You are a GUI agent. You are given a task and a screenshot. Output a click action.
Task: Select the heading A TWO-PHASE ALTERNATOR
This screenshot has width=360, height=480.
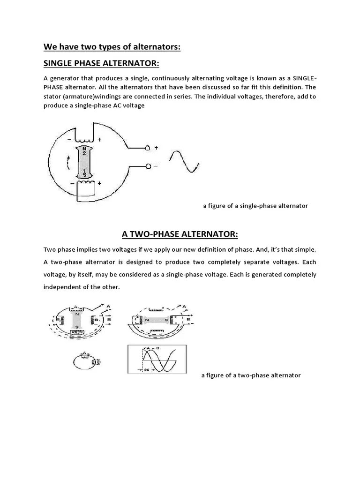(180, 233)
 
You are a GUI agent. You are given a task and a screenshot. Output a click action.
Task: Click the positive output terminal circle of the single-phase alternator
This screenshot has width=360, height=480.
(148, 148)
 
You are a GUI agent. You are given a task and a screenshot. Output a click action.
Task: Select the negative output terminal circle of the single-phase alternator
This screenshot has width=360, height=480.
(148, 166)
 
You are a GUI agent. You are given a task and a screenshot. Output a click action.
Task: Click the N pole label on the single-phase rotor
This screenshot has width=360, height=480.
(84, 150)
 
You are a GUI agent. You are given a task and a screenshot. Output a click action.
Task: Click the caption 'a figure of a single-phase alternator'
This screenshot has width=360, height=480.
(255, 206)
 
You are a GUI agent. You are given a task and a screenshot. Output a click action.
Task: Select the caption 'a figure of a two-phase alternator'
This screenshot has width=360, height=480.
(251, 375)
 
